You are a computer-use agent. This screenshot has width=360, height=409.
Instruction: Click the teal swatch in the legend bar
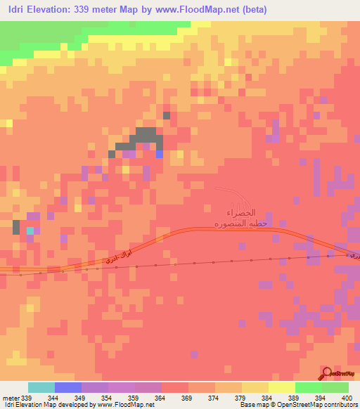click(41, 388)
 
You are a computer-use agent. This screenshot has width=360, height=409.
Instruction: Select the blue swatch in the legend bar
click(68, 388)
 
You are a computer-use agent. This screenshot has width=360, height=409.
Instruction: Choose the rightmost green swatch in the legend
click(335, 388)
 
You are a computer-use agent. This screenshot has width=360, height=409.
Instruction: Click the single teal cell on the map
click(30, 231)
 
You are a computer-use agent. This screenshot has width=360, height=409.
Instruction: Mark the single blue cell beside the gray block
click(159, 154)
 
